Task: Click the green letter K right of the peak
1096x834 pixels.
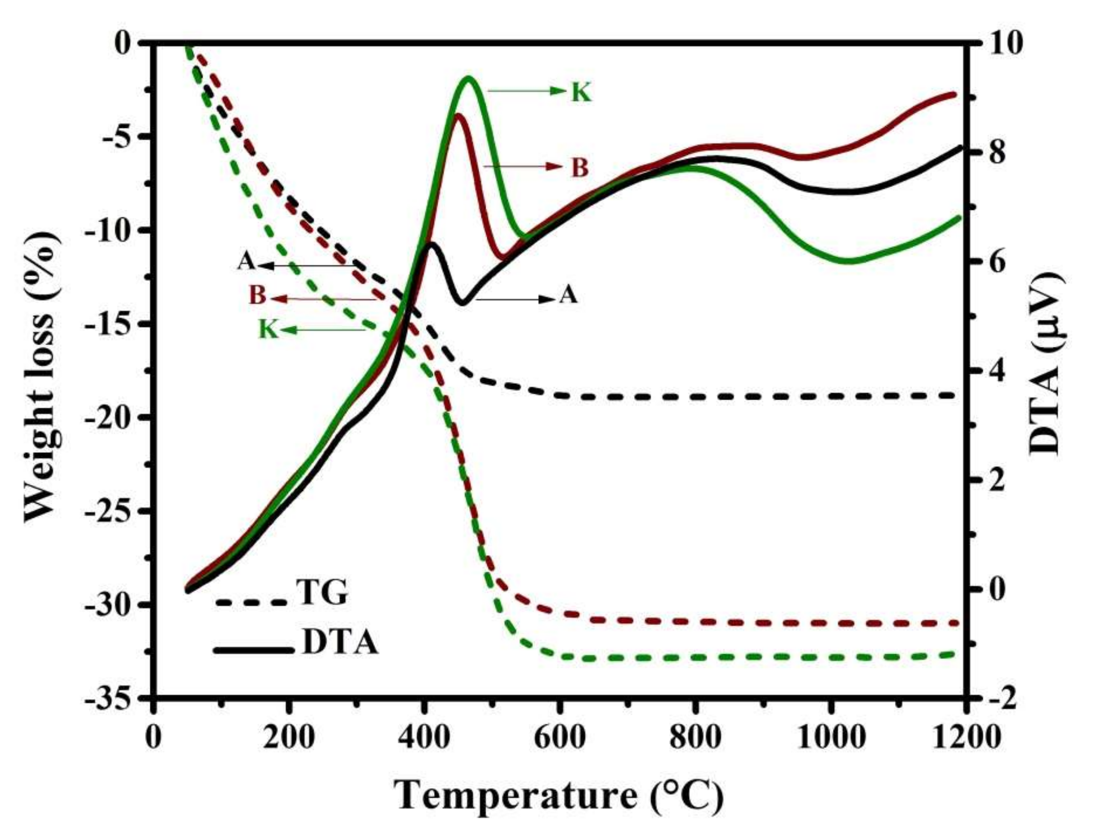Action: (581, 93)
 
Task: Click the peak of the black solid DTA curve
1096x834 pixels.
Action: (431, 243)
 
